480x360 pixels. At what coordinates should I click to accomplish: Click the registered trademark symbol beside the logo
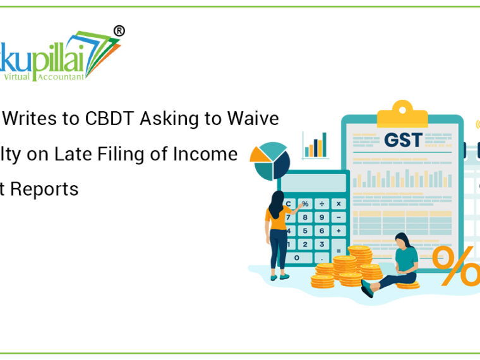click(118, 31)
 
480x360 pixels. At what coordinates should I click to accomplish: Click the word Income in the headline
click(209, 154)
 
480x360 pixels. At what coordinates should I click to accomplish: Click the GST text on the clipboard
click(402, 140)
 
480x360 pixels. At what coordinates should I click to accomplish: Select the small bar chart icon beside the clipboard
click(315, 145)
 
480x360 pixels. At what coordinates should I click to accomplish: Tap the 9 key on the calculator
click(322, 217)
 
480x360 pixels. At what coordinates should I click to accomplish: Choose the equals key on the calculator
click(339, 250)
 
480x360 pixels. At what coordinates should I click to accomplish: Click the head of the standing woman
click(276, 199)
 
